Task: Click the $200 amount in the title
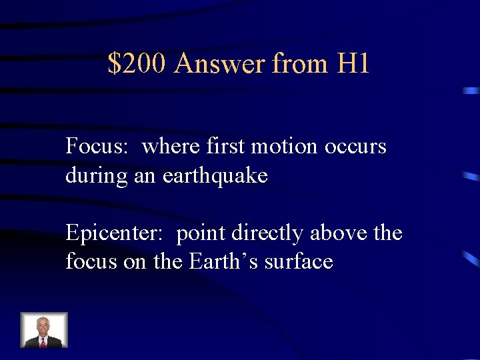138,64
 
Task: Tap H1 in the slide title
353,64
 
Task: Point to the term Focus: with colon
96,146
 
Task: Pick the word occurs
355,146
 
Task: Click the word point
201,233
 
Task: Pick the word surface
299,261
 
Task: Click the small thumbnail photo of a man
44,330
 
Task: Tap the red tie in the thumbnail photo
43,342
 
